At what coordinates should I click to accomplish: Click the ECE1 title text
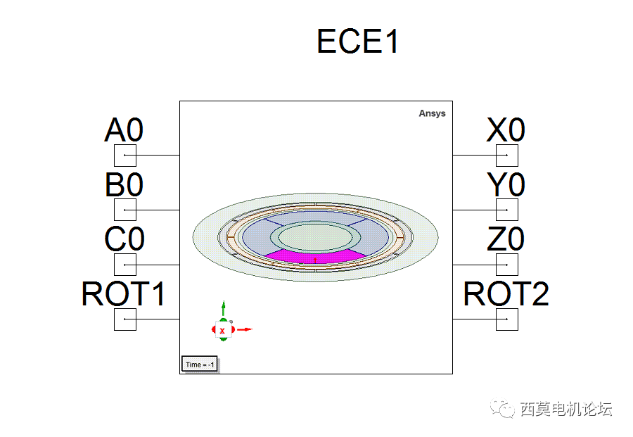[358, 42]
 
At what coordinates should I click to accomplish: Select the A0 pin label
[124, 131]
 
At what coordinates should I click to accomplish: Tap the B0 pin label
[124, 185]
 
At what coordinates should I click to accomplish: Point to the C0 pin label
[124, 240]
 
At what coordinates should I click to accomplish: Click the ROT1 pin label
[124, 294]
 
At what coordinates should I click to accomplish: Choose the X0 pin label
[506, 131]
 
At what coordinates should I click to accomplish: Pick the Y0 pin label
[506, 185]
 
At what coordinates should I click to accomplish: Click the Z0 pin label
[506, 240]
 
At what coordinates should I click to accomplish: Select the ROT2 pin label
[506, 294]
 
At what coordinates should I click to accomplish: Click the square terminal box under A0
[125, 155]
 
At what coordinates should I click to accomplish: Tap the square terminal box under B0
[125, 210]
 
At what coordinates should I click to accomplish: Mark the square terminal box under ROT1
[125, 319]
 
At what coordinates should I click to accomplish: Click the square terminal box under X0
[506, 155]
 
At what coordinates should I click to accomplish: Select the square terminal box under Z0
[506, 265]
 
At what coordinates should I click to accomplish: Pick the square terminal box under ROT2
[506, 319]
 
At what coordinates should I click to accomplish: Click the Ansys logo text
[432, 113]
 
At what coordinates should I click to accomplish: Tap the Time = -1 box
[200, 365]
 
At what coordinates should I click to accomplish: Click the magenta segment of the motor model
[315, 255]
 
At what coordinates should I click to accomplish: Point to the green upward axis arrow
[224, 308]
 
